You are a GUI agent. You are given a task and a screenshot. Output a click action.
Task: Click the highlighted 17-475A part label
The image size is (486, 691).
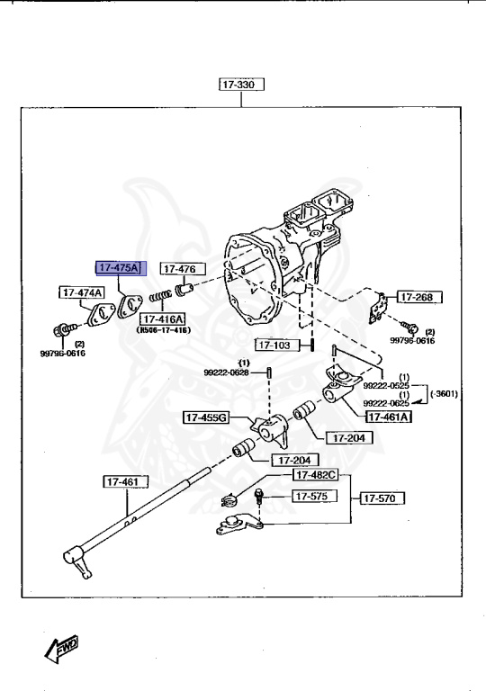(x=119, y=267)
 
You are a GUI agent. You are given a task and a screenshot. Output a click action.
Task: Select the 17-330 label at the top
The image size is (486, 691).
(x=238, y=85)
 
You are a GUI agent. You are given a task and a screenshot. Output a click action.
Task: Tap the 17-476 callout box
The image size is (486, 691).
(x=183, y=268)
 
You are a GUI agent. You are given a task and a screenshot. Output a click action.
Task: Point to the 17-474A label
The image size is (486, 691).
(x=82, y=292)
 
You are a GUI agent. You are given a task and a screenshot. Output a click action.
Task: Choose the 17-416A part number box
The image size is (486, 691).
(x=162, y=319)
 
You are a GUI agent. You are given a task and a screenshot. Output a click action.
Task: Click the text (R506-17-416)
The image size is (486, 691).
(x=163, y=331)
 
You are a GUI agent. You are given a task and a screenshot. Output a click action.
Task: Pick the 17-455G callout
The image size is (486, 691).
(x=207, y=417)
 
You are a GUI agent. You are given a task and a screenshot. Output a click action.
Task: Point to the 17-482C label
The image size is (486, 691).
(x=314, y=474)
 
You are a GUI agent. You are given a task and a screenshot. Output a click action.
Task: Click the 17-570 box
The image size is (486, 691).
(x=383, y=497)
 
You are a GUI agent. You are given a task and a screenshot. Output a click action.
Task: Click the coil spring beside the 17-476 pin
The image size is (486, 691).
(x=160, y=296)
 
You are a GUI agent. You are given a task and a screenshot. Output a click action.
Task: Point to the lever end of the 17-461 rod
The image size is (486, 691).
(x=83, y=566)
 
